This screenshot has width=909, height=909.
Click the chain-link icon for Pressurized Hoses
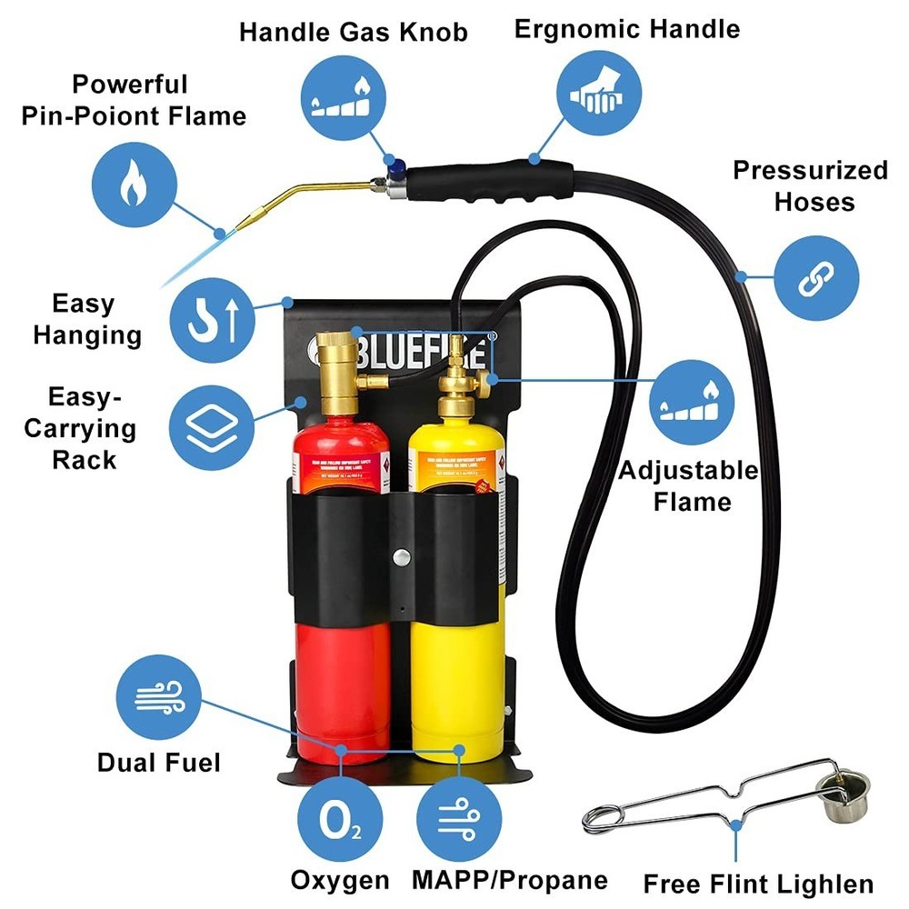click(814, 282)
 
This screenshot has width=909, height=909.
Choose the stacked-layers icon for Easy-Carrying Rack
click(214, 423)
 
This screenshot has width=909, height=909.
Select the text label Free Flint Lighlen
click(758, 883)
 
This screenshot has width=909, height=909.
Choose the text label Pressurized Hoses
click(810, 185)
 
